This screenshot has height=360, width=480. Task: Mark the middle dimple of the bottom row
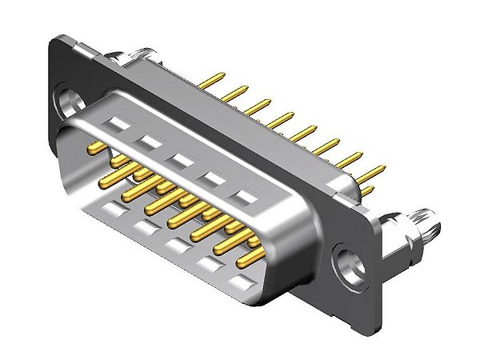173,242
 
